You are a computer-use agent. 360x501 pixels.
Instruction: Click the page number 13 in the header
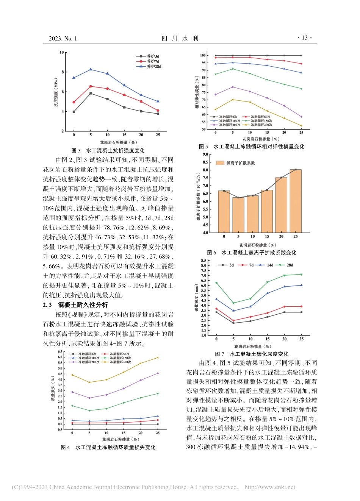(305, 38)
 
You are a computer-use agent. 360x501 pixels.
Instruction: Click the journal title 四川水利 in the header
(180, 38)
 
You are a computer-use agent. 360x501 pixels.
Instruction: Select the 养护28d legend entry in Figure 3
(153, 67)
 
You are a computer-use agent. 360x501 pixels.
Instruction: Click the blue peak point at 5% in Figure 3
(91, 69)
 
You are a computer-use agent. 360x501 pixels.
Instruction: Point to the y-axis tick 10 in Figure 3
(61, 52)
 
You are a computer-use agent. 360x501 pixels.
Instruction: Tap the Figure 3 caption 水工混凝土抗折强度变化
(115, 150)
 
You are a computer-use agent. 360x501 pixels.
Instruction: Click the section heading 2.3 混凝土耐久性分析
(75, 305)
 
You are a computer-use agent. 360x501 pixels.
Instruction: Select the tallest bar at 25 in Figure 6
(296, 201)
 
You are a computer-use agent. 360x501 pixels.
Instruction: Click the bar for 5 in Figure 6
(238, 215)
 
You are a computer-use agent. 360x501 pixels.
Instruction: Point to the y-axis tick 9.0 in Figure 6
(205, 155)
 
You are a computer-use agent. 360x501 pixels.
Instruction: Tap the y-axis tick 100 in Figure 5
(203, 55)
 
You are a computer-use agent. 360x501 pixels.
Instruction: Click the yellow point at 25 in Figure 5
(301, 126)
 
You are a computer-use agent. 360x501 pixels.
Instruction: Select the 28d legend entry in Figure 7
(290, 265)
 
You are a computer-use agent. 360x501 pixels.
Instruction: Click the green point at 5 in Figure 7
(233, 303)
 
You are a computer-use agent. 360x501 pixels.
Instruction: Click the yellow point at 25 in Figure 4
(158, 357)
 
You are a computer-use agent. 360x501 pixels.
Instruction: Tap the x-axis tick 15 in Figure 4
(124, 432)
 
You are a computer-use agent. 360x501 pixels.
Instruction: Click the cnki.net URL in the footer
(270, 487)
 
